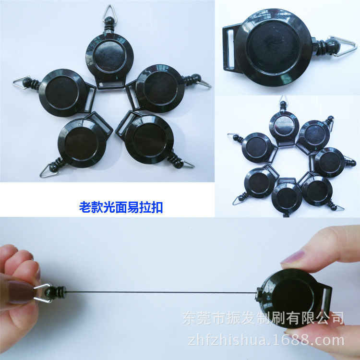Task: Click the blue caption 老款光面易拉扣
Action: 120,207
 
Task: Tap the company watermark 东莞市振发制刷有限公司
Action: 264,318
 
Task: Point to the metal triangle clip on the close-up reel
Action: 345,48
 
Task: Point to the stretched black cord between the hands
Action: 158,292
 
